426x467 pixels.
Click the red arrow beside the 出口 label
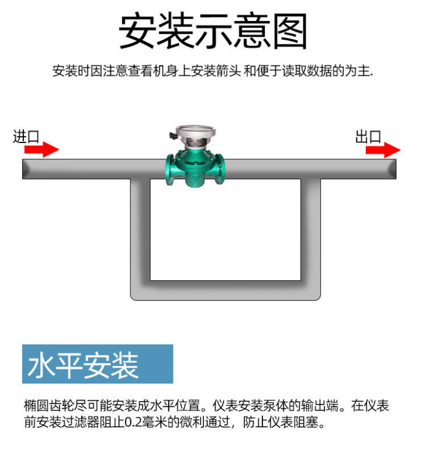click(x=383, y=150)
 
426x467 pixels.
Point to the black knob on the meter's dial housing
click(x=171, y=135)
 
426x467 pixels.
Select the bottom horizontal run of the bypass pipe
click(x=226, y=291)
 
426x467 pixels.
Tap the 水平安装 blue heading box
click(x=98, y=364)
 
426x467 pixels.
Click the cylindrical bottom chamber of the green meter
click(x=195, y=178)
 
